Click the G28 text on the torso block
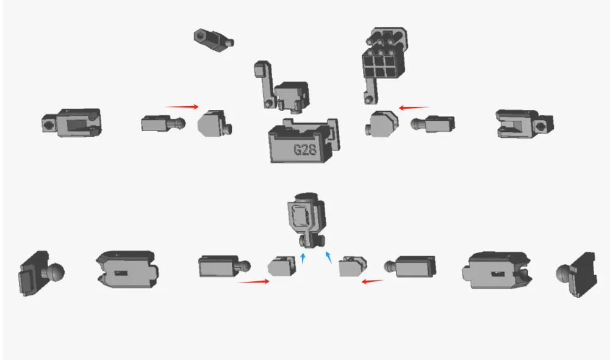304,149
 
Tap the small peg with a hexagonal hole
213,40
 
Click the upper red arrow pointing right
182,106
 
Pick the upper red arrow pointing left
414,107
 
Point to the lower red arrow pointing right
253,281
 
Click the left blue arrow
303,258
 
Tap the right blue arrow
329,257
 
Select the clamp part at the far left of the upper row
71,123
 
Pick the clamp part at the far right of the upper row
525,124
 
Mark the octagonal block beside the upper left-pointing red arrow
382,124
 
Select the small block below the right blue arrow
353,267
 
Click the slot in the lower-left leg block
121,273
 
